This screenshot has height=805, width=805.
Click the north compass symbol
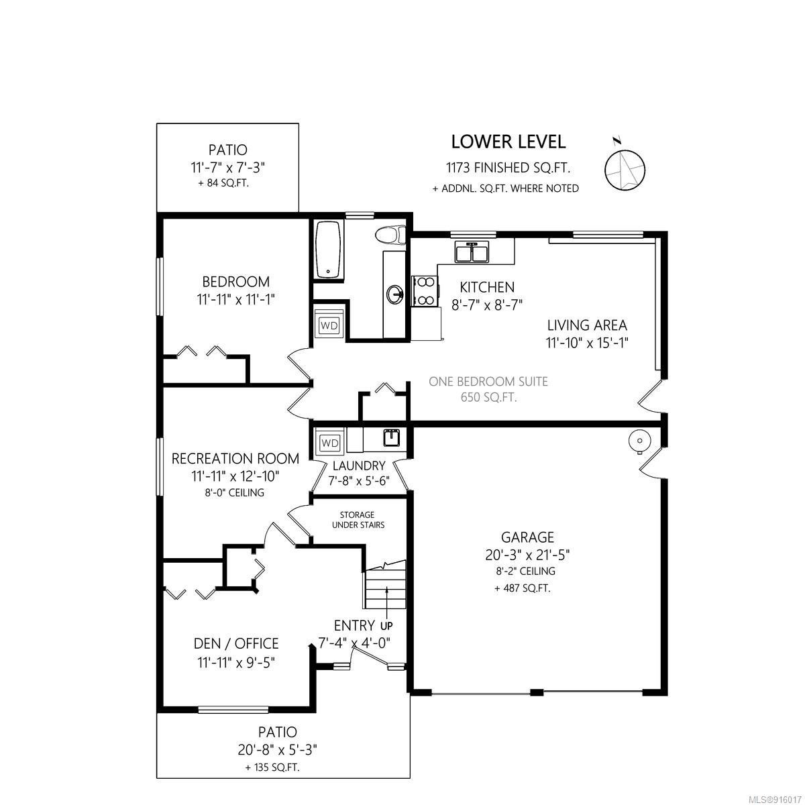[x=624, y=169]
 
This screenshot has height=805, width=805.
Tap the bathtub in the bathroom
[x=328, y=250]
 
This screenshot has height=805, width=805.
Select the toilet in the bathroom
[x=390, y=235]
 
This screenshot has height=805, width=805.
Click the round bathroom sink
[x=394, y=294]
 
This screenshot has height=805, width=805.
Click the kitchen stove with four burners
[x=425, y=291]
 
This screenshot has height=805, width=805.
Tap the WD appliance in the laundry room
[x=329, y=442]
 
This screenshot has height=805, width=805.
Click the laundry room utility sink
[x=391, y=437]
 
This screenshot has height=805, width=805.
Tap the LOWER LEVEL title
[x=508, y=142]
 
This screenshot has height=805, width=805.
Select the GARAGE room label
[x=527, y=537]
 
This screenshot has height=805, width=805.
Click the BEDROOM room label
[x=235, y=282]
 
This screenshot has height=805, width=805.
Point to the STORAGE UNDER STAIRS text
[x=358, y=520]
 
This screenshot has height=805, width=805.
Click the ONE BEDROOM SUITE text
[x=488, y=382]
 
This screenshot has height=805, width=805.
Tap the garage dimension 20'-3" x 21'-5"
[x=527, y=555]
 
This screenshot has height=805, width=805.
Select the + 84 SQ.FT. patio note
[x=223, y=183]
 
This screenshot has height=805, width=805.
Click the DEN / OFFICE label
[x=236, y=643]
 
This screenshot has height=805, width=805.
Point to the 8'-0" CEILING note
[x=234, y=492]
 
